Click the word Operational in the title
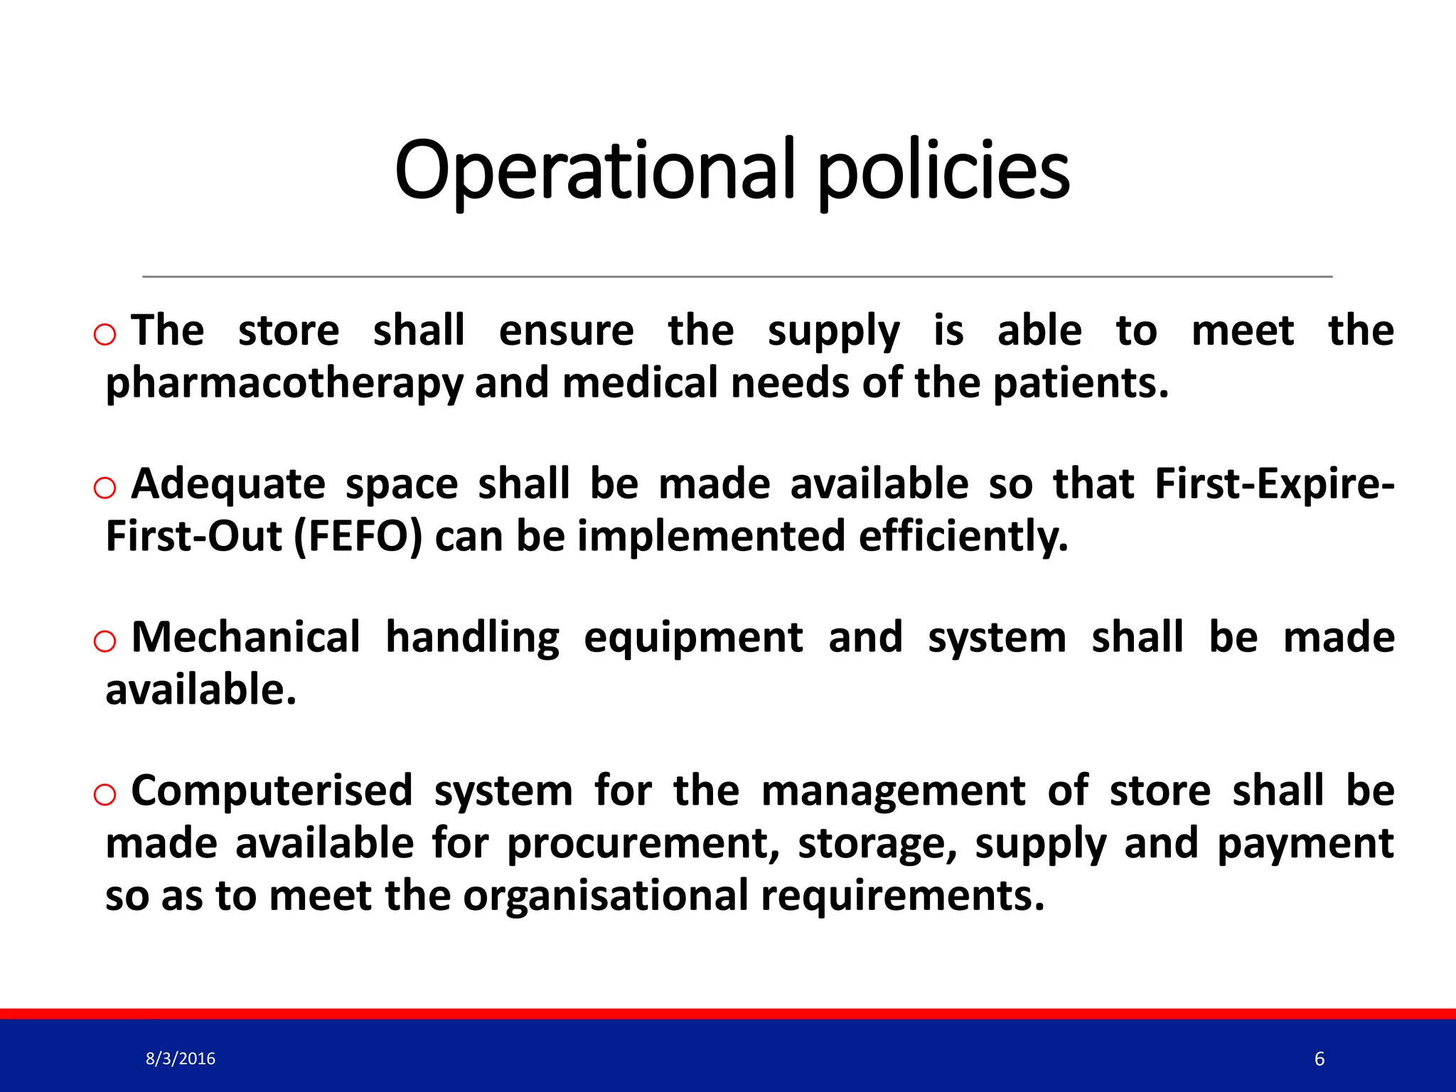tap(594, 171)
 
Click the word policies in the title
tap(943, 171)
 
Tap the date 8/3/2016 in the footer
tap(180, 1059)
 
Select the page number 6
tap(1319, 1059)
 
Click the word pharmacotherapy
tap(284, 384)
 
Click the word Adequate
tap(228, 484)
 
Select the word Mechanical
tap(246, 637)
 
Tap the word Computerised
tap(272, 791)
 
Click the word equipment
tap(693, 638)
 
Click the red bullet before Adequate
tap(105, 488)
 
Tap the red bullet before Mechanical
tap(105, 641)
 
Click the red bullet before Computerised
tap(105, 795)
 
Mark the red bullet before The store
tap(105, 334)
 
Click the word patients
tap(1080, 384)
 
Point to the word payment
tap(1305, 844)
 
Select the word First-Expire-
tap(1274, 484)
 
